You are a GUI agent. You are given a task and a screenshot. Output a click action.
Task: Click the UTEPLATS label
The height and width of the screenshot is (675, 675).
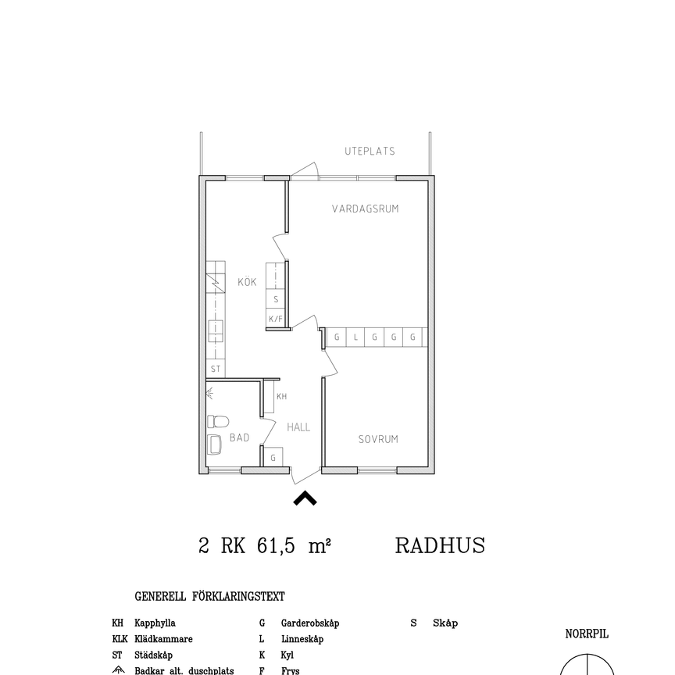click(x=370, y=152)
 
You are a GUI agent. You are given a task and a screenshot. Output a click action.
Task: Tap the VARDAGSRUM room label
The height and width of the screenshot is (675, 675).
click(x=366, y=209)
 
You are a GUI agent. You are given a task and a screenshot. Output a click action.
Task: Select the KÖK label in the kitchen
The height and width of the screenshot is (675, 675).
click(x=247, y=282)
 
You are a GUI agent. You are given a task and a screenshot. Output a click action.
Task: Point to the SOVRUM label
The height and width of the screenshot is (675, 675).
click(x=378, y=439)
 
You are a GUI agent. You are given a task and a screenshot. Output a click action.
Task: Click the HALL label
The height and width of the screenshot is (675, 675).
click(x=298, y=427)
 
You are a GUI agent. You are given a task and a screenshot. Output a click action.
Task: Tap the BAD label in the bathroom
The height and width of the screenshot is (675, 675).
click(x=239, y=438)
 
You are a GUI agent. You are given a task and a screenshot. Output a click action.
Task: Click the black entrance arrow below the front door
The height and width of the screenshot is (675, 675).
click(x=305, y=498)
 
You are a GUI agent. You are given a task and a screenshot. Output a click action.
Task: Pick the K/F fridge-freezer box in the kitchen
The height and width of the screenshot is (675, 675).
click(x=276, y=319)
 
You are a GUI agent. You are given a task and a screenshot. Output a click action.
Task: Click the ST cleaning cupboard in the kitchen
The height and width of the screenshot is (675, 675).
click(x=216, y=370)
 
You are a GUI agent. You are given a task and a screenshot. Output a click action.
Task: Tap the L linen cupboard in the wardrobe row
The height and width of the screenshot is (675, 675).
click(x=355, y=337)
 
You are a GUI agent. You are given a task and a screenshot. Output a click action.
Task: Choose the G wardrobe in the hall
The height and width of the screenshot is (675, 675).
click(x=273, y=458)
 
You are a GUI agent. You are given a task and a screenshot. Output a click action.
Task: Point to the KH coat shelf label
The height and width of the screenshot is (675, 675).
click(x=281, y=397)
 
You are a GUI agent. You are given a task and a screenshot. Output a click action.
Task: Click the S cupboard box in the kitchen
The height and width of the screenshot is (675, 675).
click(x=276, y=299)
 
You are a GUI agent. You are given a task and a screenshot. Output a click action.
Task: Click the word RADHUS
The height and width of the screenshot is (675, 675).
click(x=440, y=545)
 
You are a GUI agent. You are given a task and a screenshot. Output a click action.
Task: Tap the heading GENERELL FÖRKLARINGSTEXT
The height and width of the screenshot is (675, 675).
click(x=210, y=597)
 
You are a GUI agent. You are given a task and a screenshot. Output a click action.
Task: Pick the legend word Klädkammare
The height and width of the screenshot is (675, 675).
click(x=163, y=639)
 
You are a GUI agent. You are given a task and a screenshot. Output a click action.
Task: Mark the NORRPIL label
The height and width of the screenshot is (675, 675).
click(x=587, y=634)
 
